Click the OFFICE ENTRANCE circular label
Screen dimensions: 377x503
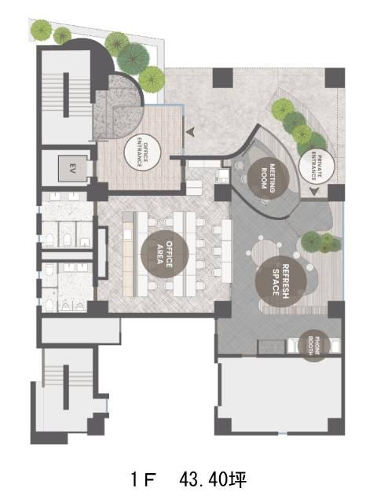tap(142, 152)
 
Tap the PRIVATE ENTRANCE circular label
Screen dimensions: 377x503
tap(317, 166)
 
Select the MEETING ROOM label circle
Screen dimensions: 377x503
tap(269, 178)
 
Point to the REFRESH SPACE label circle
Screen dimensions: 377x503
tap(281, 281)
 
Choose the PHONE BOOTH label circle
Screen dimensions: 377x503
tap(314, 346)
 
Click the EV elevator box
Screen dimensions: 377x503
tap(72, 169)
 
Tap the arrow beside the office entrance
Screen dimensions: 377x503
tap(190, 131)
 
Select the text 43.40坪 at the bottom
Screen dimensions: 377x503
tap(213, 480)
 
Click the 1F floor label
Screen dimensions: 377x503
tap(143, 480)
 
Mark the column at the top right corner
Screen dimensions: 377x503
tap(335, 78)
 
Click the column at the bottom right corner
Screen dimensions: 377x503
tap(336, 426)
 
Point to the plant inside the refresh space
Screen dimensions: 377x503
tap(321, 242)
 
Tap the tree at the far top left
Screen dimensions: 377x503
tap(41, 30)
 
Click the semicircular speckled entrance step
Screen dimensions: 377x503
tap(119, 108)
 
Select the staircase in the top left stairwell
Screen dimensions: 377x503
tap(66, 95)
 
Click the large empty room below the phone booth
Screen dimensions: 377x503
tap(280, 395)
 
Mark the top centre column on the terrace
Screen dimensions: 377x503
tap(223, 78)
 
